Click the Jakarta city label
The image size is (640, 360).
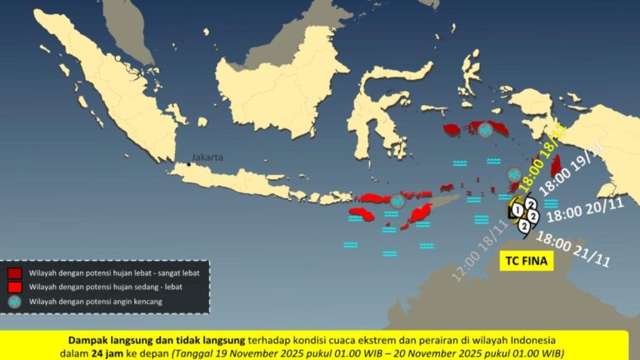coord(207,157)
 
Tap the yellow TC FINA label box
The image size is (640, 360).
coord(527,261)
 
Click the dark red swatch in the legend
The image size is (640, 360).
coord(15,272)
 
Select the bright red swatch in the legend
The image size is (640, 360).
coord(15,287)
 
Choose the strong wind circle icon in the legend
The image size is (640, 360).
coord(15,302)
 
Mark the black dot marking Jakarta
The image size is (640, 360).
coord(189,164)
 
